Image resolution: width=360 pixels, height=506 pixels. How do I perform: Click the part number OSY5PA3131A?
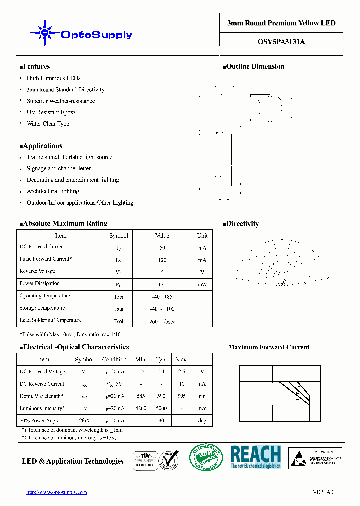[281, 42]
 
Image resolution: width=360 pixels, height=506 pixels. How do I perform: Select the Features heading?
[35, 66]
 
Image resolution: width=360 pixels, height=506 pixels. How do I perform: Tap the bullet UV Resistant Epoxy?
[51, 112]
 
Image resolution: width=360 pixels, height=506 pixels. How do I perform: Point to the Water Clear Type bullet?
[48, 124]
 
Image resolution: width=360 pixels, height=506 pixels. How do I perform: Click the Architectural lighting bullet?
[53, 191]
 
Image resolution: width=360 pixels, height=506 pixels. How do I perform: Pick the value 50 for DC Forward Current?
[162, 248]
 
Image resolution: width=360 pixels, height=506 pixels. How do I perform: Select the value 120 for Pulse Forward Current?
[162, 260]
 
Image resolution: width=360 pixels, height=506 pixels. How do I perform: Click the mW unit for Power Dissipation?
[202, 284]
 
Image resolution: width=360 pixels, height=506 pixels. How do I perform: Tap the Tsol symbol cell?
[119, 321]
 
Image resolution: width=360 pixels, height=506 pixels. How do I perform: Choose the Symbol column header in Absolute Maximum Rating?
[119, 236]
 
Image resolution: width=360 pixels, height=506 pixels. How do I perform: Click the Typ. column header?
[161, 359]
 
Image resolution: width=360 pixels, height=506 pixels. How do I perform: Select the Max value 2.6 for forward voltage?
[182, 372]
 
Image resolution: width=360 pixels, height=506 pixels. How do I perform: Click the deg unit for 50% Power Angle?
[202, 421]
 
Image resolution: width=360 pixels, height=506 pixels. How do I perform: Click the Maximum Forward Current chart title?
[268, 347]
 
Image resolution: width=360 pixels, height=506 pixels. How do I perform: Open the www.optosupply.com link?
[56, 492]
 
